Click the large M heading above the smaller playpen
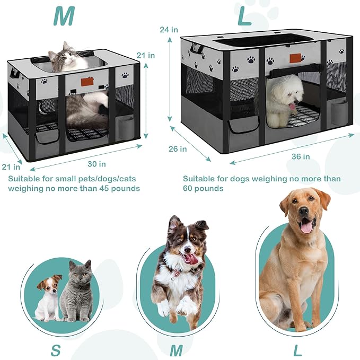[x=64, y=17]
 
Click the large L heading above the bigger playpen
[x=244, y=16]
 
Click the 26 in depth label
[x=178, y=149]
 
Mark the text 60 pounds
[x=203, y=189]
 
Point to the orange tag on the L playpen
[x=295, y=58]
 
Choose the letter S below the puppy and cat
[x=56, y=350]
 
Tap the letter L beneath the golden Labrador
[x=297, y=350]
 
